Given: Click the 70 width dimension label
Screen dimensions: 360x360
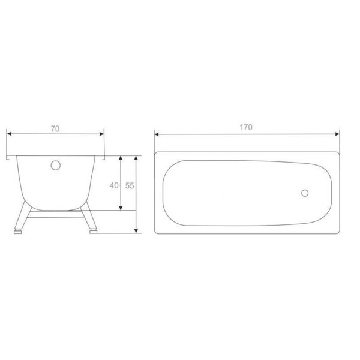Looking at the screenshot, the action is click(x=55, y=129).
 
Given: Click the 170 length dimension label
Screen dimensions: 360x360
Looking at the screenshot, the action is click(x=246, y=127).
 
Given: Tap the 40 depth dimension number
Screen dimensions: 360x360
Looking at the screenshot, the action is click(x=114, y=185).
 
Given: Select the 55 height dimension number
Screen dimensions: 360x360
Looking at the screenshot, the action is click(x=130, y=185).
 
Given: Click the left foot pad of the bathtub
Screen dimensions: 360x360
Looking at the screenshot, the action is click(x=17, y=232).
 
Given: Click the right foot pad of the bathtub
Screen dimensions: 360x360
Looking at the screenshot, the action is click(x=93, y=231).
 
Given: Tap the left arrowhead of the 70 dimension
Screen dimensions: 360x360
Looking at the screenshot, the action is click(x=9, y=134).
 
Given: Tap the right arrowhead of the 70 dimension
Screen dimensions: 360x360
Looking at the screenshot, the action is click(x=102, y=134).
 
